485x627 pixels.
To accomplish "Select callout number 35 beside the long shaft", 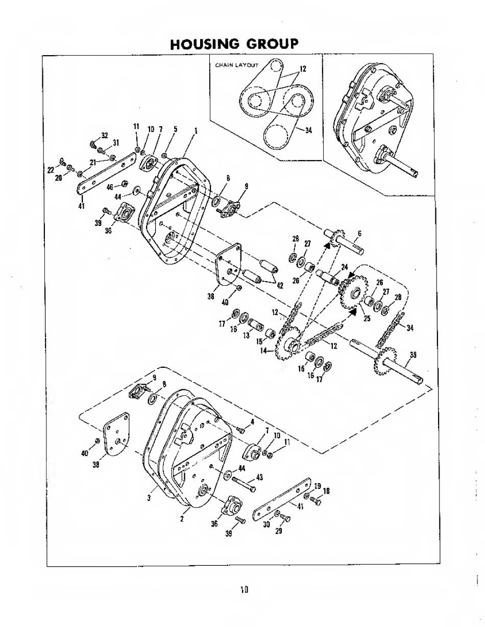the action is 414,356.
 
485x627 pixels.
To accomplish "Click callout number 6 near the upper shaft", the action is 359,233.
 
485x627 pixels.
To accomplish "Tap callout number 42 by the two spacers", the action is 280,285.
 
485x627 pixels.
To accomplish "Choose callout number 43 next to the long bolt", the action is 259,477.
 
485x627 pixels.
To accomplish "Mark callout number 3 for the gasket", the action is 150,498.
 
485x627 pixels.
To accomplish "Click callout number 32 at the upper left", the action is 105,135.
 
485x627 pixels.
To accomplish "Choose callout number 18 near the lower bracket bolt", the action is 326,491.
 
